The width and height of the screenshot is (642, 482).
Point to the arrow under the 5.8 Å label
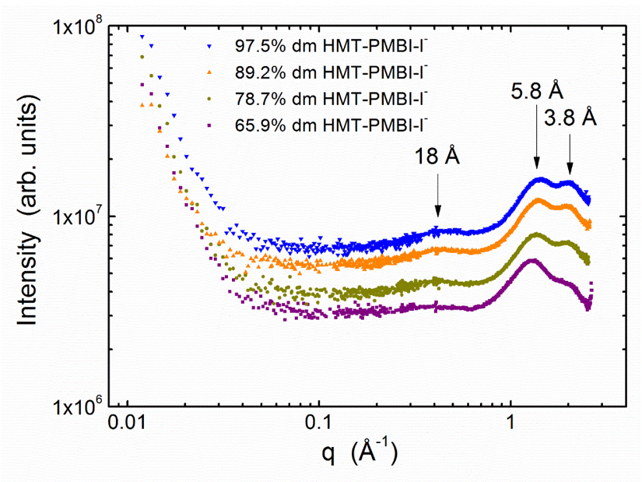point(537,137)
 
